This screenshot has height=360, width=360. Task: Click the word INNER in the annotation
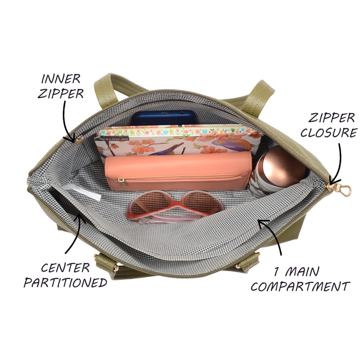(x=61, y=79)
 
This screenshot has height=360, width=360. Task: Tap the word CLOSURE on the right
(x=329, y=132)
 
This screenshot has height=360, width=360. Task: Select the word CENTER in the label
(x=65, y=268)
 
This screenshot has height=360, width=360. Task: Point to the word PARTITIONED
(x=65, y=283)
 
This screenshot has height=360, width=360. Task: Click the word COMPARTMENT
(x=300, y=287)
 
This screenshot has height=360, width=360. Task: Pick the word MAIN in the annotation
(x=302, y=272)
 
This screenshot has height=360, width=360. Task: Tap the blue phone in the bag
(x=163, y=118)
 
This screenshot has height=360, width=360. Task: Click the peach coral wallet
(x=178, y=171)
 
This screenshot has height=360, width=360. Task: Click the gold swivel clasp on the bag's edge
(x=344, y=189)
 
